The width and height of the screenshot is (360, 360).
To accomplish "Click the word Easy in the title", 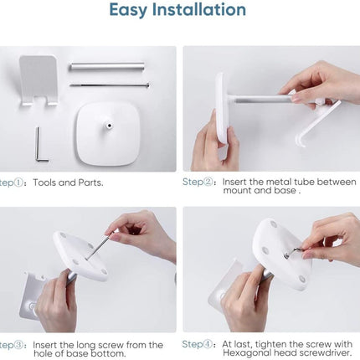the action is pyautogui.click(x=128, y=11).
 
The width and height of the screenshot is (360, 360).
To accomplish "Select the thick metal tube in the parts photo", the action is pyautogui.click(x=107, y=67).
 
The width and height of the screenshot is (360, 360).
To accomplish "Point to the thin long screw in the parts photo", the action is pyautogui.click(x=110, y=85).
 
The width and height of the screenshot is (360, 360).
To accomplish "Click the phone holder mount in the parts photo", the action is pyautogui.click(x=39, y=80).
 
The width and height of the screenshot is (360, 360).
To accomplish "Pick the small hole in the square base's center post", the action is pyautogui.click(x=109, y=126).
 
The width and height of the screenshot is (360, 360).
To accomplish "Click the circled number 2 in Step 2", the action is pyautogui.click(x=208, y=182).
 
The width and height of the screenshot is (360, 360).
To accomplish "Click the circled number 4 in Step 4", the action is pyautogui.click(x=208, y=344).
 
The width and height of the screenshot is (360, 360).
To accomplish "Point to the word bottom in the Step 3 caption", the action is pyautogui.click(x=108, y=353).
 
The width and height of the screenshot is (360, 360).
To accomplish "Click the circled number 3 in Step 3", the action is pyautogui.click(x=18, y=345).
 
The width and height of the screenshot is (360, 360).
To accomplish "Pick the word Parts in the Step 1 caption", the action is pyautogui.click(x=90, y=183).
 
